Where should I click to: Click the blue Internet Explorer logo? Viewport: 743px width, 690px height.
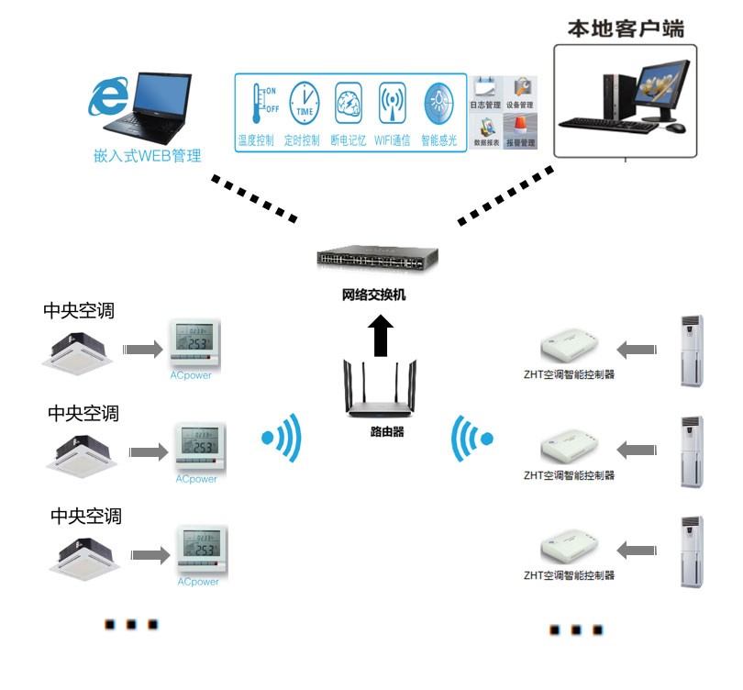(107, 96)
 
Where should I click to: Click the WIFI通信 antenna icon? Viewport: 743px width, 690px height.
(393, 104)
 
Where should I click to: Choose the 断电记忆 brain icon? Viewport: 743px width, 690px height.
(349, 104)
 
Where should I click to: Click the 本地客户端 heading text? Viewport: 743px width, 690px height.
(626, 28)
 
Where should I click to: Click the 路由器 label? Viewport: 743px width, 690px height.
(381, 431)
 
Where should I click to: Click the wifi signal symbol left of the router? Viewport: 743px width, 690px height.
(283, 437)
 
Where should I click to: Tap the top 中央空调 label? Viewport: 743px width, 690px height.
(79, 310)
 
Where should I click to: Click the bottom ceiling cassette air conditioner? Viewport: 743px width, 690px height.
(86, 551)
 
